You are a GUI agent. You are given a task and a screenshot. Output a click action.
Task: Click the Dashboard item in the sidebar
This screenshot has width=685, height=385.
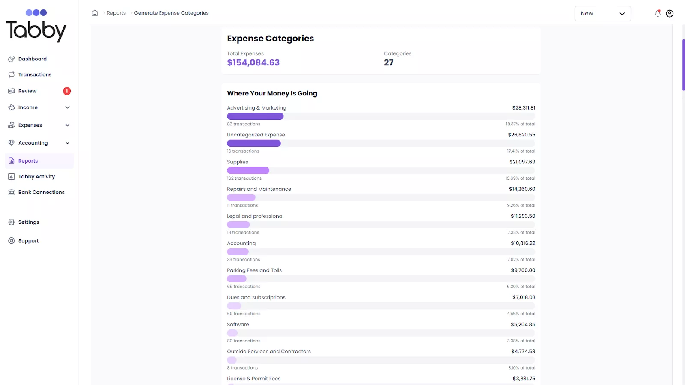[x=32, y=59]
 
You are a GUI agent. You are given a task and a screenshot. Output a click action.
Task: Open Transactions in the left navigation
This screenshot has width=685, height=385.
[x=35, y=75]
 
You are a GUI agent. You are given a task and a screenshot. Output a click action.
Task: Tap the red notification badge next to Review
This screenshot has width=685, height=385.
[x=67, y=91]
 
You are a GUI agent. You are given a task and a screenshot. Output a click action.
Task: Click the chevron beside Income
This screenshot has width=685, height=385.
[x=67, y=107]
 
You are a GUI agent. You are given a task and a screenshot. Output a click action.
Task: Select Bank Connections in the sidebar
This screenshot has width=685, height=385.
[x=41, y=192]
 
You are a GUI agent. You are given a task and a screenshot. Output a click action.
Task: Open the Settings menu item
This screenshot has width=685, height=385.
[x=29, y=222]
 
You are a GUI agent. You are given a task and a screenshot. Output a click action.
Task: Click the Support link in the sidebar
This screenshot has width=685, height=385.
[x=28, y=241]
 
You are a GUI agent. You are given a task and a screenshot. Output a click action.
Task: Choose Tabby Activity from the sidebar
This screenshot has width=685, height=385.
[x=36, y=177]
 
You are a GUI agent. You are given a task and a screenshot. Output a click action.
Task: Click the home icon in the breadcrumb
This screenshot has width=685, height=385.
[x=95, y=13]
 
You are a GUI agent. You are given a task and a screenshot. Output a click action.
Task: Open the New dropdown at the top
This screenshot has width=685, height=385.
[x=602, y=14]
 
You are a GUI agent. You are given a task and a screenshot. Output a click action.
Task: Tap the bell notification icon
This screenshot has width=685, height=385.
[x=658, y=13]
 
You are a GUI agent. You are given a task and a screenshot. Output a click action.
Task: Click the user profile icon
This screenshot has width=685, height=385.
[x=670, y=14]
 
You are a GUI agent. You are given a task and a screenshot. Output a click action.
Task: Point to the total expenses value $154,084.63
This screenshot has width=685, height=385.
[x=253, y=63]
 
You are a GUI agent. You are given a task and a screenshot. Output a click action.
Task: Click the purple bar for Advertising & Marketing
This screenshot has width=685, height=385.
[x=255, y=116]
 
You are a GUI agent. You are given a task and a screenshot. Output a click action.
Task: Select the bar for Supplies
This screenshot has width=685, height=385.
[x=248, y=171]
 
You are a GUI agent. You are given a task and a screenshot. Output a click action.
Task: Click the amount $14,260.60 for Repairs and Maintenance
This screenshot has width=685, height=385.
[x=522, y=189]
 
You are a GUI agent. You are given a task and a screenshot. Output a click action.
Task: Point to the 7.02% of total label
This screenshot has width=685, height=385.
[x=521, y=260]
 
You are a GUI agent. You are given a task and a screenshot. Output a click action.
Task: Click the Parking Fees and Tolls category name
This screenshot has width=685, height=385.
[x=254, y=270]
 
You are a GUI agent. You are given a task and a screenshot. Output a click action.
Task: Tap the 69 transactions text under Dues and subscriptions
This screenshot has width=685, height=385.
[x=244, y=314]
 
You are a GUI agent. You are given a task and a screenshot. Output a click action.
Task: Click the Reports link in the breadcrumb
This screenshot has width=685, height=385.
[x=116, y=13]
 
